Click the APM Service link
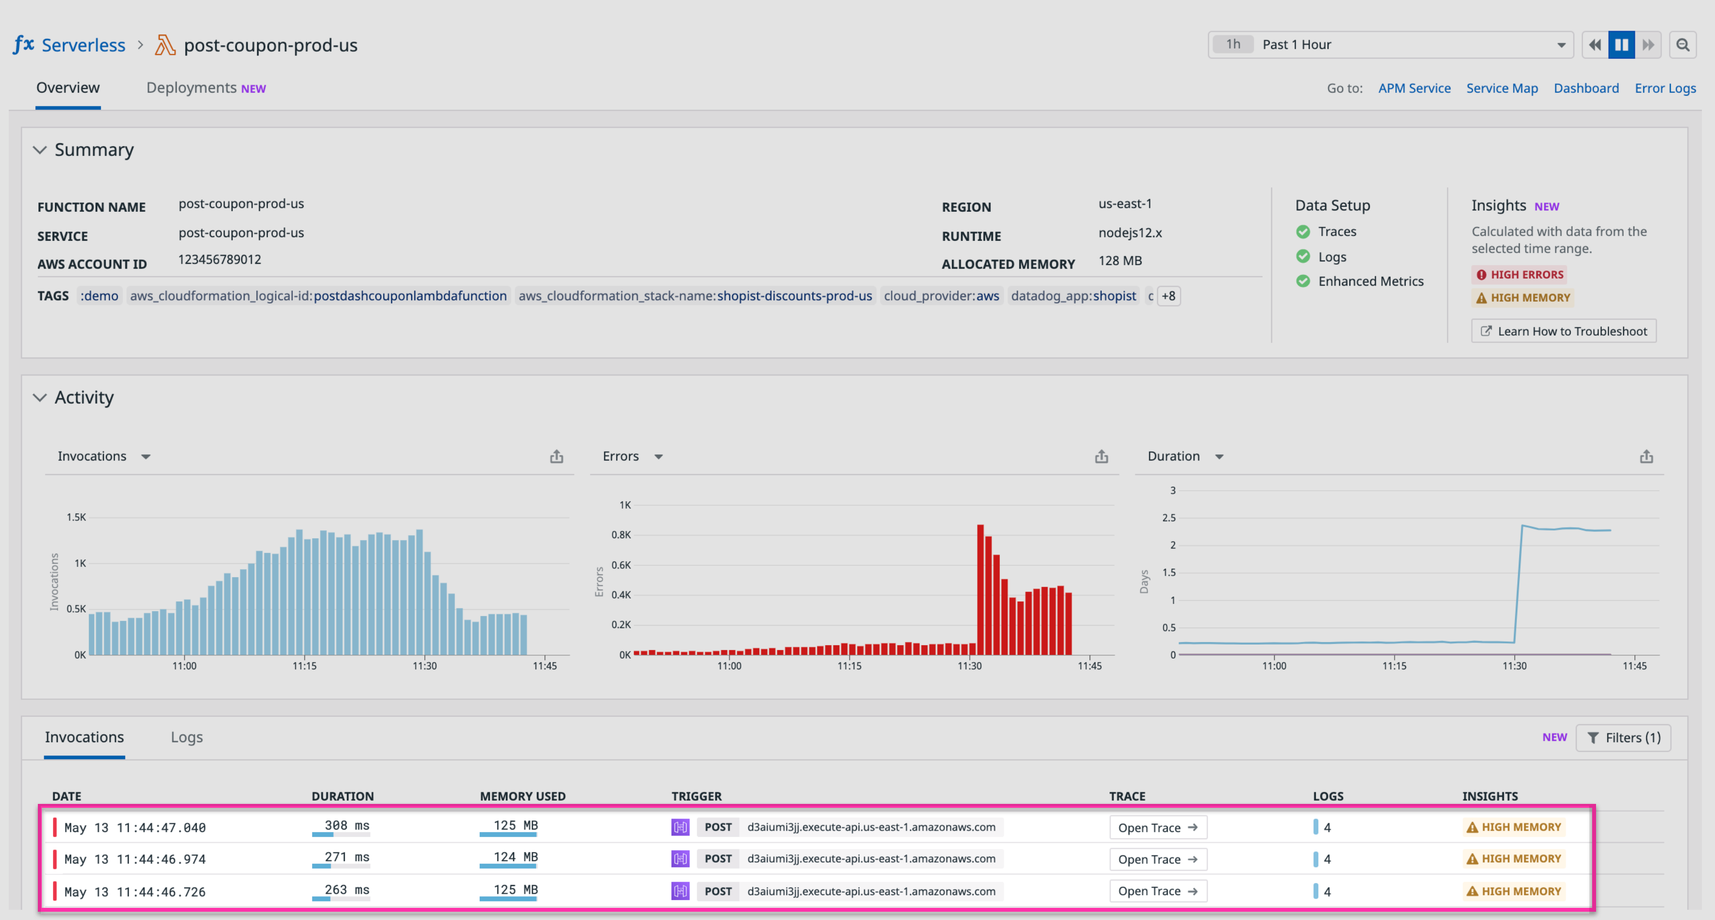tap(1413, 88)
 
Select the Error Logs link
tap(1665, 88)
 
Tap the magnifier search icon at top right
tap(1682, 45)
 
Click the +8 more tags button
tap(1168, 296)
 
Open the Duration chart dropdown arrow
tap(1219, 456)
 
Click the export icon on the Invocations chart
tap(556, 456)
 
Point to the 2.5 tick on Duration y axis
tap(1168, 518)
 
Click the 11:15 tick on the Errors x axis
tap(849, 665)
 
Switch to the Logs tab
tap(186, 737)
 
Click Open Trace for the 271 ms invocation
tap(1157, 859)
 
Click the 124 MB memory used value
tap(515, 857)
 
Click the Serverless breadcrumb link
tap(83, 45)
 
